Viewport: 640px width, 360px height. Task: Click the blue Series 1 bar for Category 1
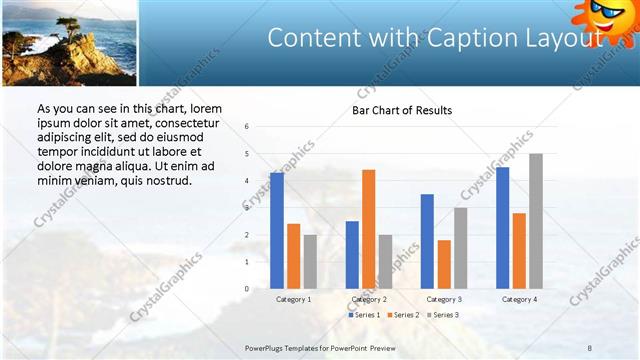click(x=276, y=231)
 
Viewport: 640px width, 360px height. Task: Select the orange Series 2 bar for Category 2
click(x=369, y=229)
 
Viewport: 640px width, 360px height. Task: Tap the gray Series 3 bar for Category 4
click(x=536, y=221)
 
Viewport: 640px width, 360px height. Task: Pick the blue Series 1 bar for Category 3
click(x=427, y=241)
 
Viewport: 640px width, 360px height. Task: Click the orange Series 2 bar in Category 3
click(x=444, y=264)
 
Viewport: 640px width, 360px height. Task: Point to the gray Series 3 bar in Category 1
click(x=310, y=261)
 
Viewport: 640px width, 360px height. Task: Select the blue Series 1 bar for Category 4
click(x=502, y=228)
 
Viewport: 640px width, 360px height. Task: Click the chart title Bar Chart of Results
click(x=402, y=110)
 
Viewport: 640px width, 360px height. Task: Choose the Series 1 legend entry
click(x=365, y=315)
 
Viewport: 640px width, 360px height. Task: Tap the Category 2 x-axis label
click(x=369, y=299)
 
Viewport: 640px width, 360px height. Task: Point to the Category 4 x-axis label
click(x=518, y=299)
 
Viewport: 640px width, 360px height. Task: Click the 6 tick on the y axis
click(x=246, y=127)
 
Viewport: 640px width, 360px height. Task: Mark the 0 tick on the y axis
click(x=246, y=289)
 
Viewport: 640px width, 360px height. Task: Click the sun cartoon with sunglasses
click(x=606, y=20)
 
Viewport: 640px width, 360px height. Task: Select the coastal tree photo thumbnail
click(x=69, y=43)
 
